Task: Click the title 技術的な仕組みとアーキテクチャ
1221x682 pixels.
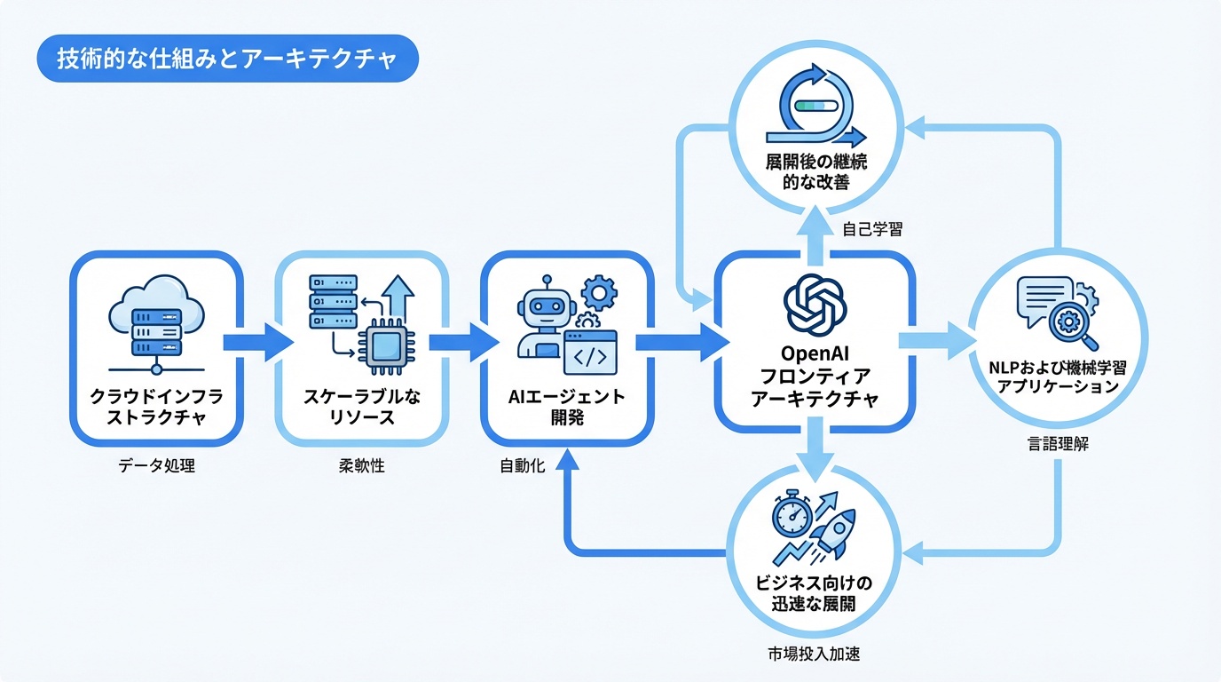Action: pos(225,58)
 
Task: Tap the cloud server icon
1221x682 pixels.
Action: pos(156,320)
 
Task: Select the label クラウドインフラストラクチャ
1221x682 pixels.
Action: pos(155,406)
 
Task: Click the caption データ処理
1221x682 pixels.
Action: pos(156,465)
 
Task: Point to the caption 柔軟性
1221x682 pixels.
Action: pos(362,465)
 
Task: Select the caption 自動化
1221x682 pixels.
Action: pos(522,465)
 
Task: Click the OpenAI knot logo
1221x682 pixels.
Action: pos(815,302)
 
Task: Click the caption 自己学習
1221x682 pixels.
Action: pos(872,230)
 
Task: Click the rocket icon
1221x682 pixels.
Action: pos(834,531)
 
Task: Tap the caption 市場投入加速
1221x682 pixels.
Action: pos(814,654)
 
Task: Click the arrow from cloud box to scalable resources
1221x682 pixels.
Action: pos(257,343)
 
